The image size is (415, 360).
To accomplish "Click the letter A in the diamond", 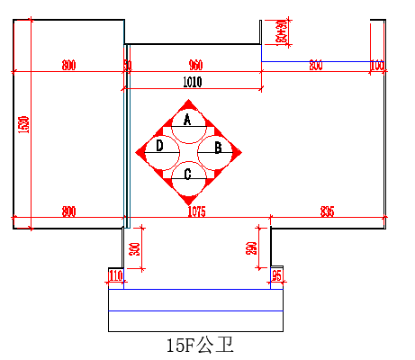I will [x=187, y=119].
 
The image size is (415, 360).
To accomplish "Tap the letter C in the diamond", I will [x=187, y=175].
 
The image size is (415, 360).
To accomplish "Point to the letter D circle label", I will [x=159, y=146].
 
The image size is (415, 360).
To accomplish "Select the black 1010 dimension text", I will [x=192, y=82].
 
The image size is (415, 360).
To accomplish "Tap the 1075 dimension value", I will [x=196, y=212].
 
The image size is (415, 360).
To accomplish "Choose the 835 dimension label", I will [x=327, y=212].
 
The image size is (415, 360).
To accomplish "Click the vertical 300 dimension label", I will [x=134, y=249].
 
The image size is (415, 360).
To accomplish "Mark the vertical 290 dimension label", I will [x=252, y=247].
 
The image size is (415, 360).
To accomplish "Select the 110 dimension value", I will [x=115, y=274].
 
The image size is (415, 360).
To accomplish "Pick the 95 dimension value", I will [x=277, y=274].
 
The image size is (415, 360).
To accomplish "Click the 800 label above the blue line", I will [x=315, y=66].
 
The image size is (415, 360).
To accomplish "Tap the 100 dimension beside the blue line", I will [x=377, y=66].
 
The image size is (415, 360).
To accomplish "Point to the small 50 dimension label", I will [x=127, y=66].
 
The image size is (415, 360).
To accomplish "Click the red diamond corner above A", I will [x=187, y=103].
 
